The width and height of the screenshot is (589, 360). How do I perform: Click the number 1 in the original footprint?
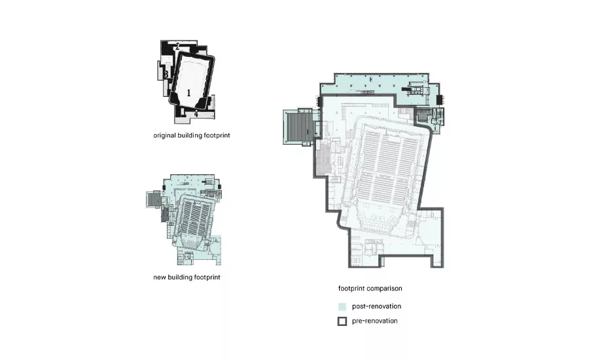(x=188, y=92)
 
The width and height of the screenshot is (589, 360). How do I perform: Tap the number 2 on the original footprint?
(x=177, y=46)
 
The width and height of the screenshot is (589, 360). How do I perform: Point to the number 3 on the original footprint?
(x=166, y=75)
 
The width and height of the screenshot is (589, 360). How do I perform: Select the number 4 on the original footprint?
(x=196, y=114)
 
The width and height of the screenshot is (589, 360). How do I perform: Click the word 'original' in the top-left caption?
(x=164, y=135)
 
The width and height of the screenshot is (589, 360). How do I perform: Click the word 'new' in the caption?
(x=159, y=278)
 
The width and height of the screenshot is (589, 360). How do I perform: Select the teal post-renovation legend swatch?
(x=342, y=306)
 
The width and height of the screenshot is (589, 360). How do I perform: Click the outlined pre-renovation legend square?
(x=342, y=321)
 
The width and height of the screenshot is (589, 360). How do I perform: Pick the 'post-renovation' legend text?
(x=376, y=306)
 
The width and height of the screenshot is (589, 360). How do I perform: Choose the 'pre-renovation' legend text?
(x=374, y=321)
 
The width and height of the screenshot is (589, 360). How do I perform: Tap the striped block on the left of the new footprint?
(x=153, y=199)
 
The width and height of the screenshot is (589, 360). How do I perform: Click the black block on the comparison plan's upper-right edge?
(x=440, y=100)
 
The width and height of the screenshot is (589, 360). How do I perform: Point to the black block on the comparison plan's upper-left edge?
(x=320, y=101)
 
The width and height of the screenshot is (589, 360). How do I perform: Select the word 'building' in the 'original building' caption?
(x=190, y=135)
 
